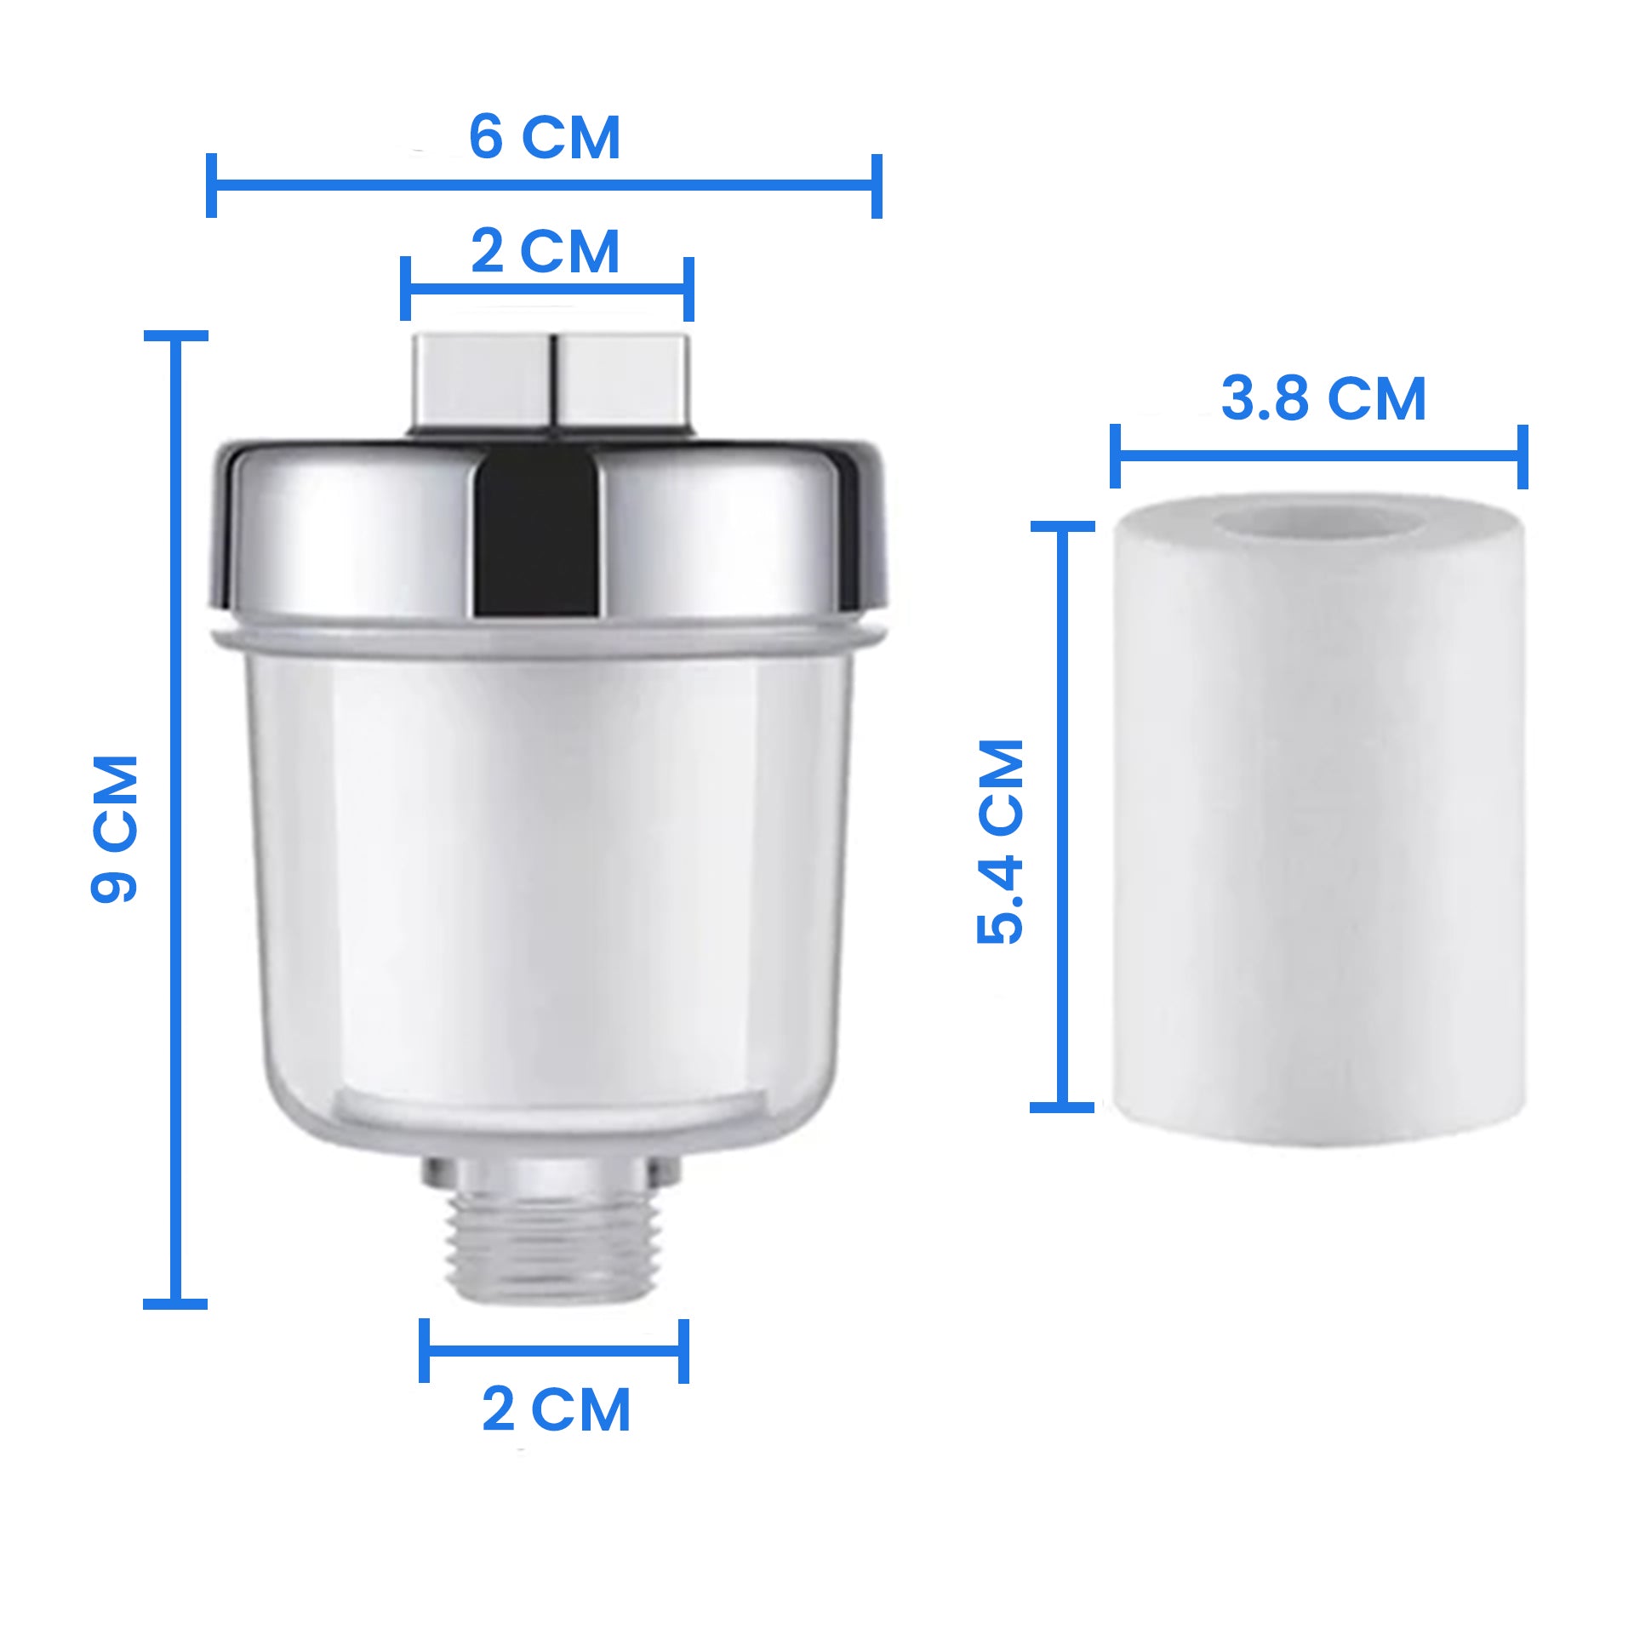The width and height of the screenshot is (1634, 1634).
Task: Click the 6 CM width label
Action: [x=545, y=137]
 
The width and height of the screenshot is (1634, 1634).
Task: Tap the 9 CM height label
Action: [x=114, y=828]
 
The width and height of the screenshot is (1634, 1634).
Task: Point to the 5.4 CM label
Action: [x=1001, y=842]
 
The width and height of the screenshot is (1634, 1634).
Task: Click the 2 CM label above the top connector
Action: [x=545, y=251]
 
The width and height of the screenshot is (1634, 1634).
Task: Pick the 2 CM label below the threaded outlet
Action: [x=556, y=1409]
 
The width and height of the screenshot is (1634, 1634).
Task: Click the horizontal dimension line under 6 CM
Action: [x=544, y=185]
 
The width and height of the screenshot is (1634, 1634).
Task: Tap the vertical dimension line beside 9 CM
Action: [x=175, y=820]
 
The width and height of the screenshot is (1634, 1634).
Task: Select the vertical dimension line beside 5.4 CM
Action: [x=1062, y=817]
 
